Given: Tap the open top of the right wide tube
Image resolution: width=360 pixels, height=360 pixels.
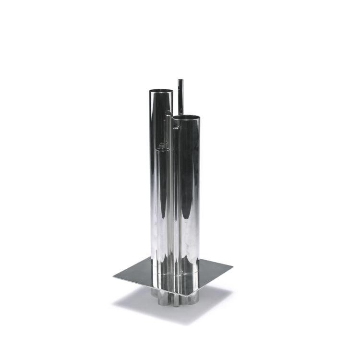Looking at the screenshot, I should point(186,117).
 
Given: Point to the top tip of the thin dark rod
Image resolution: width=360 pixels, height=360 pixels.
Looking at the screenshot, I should point(180,81).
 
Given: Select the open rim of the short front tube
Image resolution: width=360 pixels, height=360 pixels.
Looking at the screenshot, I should point(163,150).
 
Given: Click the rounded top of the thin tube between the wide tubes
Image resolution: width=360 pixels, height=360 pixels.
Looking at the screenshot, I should point(168,113).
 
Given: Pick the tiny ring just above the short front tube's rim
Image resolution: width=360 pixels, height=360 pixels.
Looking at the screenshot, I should point(162,144).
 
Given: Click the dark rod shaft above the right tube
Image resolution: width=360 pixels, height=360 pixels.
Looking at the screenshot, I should point(180,98).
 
